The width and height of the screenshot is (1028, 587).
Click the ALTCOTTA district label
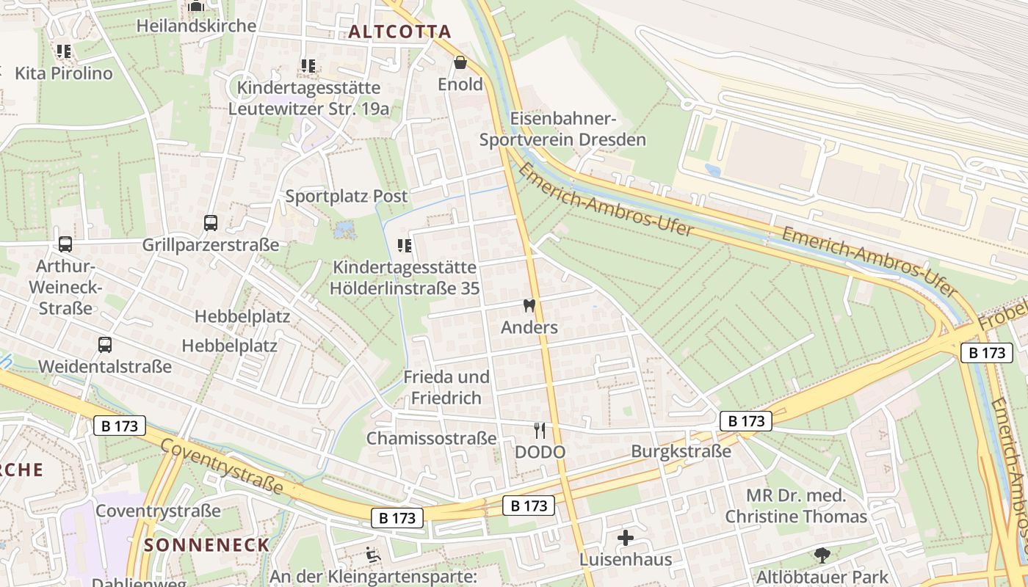pos(399,32)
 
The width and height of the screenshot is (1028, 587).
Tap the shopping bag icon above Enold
pos(460,62)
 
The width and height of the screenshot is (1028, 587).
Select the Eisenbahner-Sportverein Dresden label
pos(562,129)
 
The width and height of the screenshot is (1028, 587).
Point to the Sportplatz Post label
pos(346,196)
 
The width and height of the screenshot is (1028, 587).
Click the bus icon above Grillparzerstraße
pos(211,222)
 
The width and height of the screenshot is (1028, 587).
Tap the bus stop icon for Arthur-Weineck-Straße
pos(65,244)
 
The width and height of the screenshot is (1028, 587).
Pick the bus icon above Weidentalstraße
pos(105,344)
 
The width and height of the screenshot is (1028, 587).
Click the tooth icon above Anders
pos(529,305)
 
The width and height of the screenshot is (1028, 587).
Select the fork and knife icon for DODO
pos(540,430)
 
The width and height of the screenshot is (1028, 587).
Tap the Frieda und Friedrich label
pos(446,387)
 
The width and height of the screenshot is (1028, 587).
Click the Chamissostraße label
pos(431,439)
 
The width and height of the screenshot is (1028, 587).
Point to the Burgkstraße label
pos(681,451)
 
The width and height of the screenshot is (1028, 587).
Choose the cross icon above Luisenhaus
pos(626,538)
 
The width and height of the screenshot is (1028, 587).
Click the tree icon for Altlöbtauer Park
pos(822,555)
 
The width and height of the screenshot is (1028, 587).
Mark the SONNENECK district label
pos(207,544)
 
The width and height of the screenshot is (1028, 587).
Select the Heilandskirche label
pos(196,26)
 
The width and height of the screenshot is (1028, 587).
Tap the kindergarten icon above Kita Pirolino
pos(64,51)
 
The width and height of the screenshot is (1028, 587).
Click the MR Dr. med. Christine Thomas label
pos(796,506)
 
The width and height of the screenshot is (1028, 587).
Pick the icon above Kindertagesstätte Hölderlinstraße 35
pos(404,245)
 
